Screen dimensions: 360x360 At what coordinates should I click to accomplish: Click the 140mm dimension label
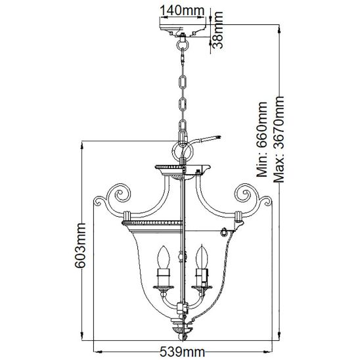(x=182, y=11)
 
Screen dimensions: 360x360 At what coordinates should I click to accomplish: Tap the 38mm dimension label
(x=217, y=30)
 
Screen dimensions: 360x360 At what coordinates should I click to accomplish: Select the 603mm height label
(x=80, y=245)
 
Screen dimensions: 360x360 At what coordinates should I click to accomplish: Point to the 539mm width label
(x=182, y=351)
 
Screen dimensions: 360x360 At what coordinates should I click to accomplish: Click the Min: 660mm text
(x=262, y=139)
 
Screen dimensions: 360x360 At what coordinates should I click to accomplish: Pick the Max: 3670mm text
(x=279, y=139)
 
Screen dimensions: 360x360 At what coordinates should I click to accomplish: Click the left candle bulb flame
(x=163, y=257)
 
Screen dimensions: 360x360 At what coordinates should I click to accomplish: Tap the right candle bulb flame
(x=202, y=256)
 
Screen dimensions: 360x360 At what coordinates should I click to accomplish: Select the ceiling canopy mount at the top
(x=183, y=30)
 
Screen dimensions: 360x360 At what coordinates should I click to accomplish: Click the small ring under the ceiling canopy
(x=183, y=44)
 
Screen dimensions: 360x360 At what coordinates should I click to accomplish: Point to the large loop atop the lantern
(x=181, y=150)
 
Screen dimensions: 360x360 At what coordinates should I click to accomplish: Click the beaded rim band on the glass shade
(x=152, y=223)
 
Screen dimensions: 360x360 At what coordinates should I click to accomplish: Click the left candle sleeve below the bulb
(x=163, y=277)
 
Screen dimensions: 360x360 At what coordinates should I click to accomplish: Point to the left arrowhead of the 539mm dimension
(x=99, y=351)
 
